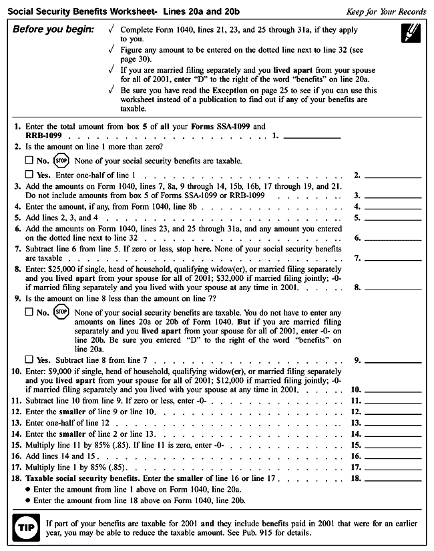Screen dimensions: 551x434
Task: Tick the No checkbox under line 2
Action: pyautogui.click(x=29, y=161)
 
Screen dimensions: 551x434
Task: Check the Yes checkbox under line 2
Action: pyautogui.click(x=29, y=175)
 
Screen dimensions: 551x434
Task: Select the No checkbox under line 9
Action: pyautogui.click(x=29, y=311)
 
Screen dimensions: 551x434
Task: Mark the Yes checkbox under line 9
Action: pyautogui.click(x=29, y=361)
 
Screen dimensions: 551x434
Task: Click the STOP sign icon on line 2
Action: pyautogui.click(x=61, y=161)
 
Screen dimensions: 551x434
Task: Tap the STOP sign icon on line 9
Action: pyautogui.click(x=61, y=311)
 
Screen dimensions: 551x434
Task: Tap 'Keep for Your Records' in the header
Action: pyautogui.click(x=386, y=12)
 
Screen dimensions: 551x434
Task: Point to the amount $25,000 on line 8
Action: pyautogui.click(x=58, y=270)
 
